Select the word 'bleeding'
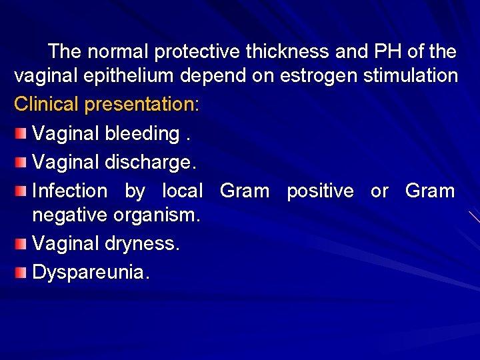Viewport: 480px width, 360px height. (141, 133)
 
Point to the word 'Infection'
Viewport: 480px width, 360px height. (69, 191)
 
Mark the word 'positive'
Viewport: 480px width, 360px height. (320, 191)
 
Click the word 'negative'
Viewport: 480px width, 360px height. (70, 215)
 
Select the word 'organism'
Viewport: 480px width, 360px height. (157, 215)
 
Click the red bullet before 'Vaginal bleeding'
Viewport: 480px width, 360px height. (22, 133)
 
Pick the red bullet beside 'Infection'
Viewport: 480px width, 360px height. (22, 191)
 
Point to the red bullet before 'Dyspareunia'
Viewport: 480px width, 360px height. (22, 272)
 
